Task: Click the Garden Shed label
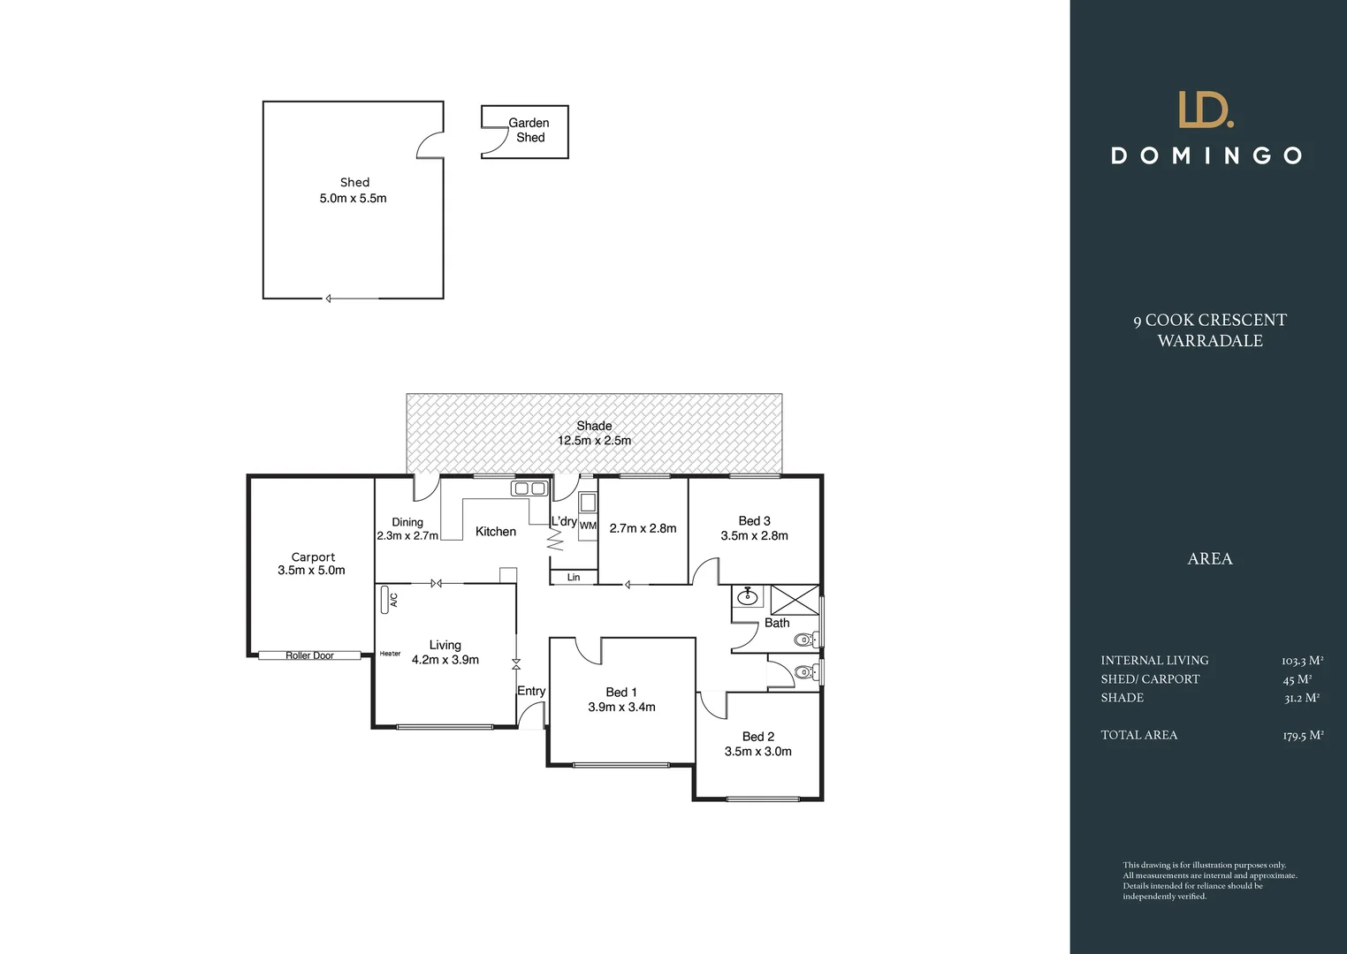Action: [529, 130]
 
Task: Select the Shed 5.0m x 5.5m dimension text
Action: [353, 199]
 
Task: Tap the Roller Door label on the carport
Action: [309, 655]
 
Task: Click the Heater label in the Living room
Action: [390, 654]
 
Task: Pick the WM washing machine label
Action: [588, 526]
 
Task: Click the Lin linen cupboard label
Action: [574, 577]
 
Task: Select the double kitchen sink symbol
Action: [529, 488]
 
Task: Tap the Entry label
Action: [531, 691]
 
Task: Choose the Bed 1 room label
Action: [621, 692]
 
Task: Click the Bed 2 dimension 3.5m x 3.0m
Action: [757, 752]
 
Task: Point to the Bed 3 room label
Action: [754, 520]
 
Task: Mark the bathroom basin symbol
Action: [748, 596]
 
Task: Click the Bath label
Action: [777, 623]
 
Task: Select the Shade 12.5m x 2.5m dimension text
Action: [594, 441]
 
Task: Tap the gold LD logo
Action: [1206, 110]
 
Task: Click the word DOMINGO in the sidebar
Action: [1206, 156]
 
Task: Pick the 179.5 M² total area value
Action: [1302, 735]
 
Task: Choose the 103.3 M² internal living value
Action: [1301, 661]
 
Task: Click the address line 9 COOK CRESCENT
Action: [1210, 320]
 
